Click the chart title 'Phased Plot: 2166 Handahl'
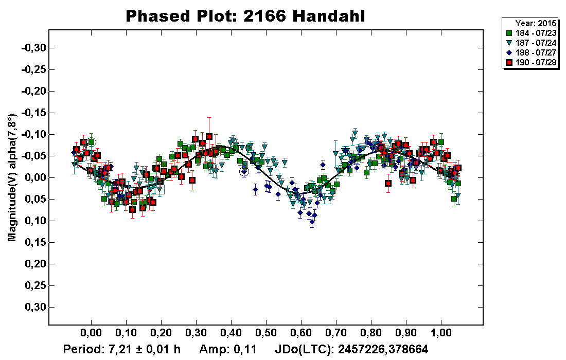click(245, 16)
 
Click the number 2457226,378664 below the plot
click(381, 350)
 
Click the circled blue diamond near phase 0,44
click(244, 172)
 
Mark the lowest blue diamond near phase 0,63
click(312, 222)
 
